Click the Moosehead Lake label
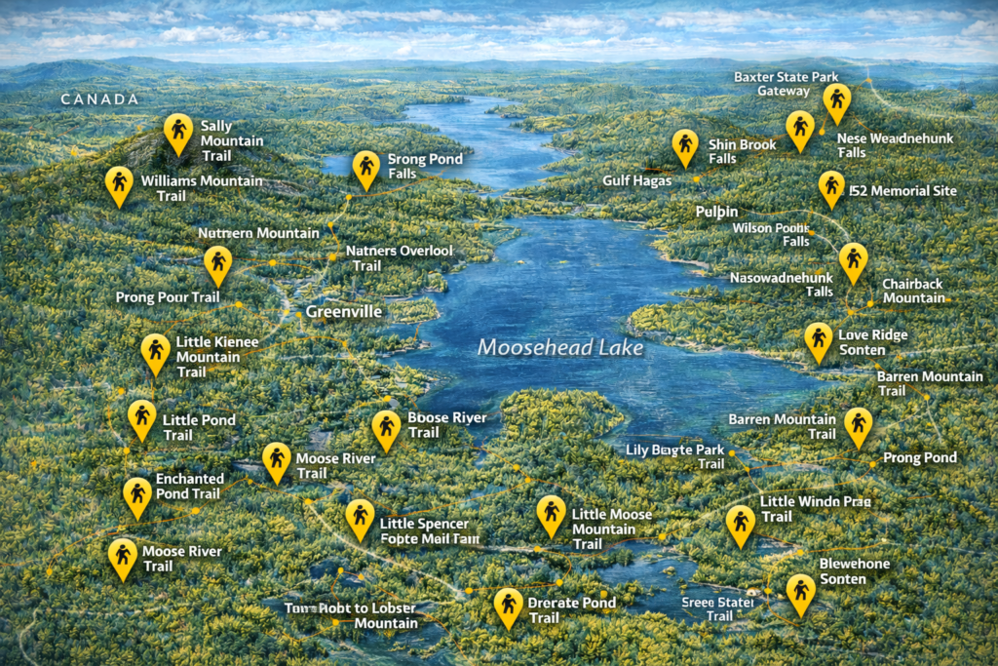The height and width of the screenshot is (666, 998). [x=560, y=347]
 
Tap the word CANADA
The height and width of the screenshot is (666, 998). [x=99, y=99]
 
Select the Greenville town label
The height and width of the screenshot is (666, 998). [x=343, y=312]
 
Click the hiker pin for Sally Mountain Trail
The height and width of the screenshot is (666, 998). [x=177, y=131]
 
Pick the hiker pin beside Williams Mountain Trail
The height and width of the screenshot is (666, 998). [x=119, y=183]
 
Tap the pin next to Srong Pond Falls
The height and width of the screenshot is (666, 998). [x=366, y=168]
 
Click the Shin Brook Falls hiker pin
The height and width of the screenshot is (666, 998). [x=685, y=146]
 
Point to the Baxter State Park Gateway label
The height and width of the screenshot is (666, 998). [x=786, y=84]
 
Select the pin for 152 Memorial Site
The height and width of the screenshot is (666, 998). [x=831, y=187]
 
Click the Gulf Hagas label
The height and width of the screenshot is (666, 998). [x=637, y=180]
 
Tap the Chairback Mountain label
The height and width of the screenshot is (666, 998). [x=914, y=291]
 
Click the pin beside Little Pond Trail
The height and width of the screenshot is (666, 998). [x=142, y=417]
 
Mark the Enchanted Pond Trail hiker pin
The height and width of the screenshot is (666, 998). [x=137, y=494]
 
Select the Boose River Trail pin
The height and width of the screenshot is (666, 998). [x=386, y=428]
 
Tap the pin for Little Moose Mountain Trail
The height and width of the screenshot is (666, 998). [x=551, y=514]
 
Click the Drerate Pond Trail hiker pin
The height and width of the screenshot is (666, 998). [x=508, y=606]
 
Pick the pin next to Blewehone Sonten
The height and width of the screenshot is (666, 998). [x=801, y=592]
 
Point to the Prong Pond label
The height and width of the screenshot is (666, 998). [x=919, y=457]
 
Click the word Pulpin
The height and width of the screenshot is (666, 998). [x=716, y=212]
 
